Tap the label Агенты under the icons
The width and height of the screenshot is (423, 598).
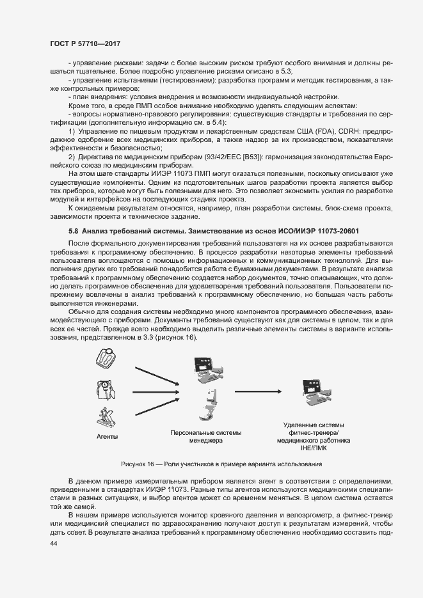tap(107, 437)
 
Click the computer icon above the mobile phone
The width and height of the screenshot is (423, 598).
tap(206, 372)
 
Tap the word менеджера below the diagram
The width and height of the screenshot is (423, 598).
tap(205, 441)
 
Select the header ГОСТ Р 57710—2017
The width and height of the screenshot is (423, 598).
tap(84, 43)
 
